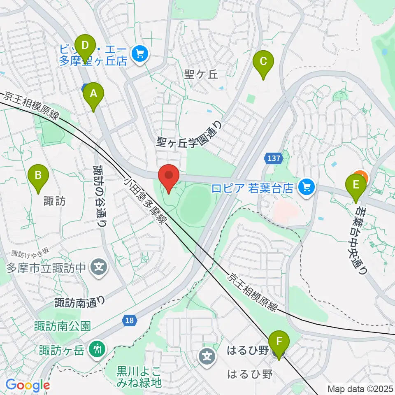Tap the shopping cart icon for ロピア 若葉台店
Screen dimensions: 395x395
coord(306,188)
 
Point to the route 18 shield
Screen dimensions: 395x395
coord(129,321)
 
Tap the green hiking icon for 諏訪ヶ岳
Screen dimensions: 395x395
coord(98,350)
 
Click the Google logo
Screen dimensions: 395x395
coord(28,386)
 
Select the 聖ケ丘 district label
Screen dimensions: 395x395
coord(200,74)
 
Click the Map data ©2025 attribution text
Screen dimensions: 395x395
coord(360,388)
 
